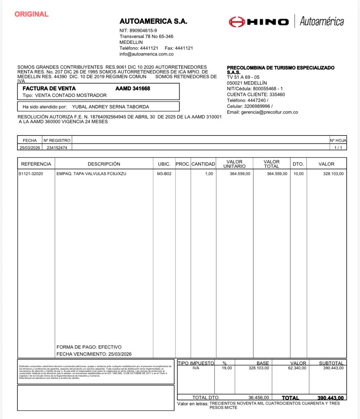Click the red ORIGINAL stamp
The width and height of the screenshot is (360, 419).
click(x=31, y=14)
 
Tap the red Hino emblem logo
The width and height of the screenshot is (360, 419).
click(x=237, y=22)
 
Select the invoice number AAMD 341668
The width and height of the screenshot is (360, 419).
click(x=133, y=88)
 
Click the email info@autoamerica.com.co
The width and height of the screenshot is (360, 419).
click(x=146, y=54)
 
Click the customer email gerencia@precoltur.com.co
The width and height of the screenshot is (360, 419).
click(x=269, y=112)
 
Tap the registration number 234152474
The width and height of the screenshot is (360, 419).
click(x=57, y=148)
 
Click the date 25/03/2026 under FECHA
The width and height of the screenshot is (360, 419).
click(x=30, y=148)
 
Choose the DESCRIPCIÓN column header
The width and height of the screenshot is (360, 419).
click(x=104, y=164)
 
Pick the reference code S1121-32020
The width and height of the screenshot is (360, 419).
click(x=31, y=174)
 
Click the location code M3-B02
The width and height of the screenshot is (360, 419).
click(x=164, y=174)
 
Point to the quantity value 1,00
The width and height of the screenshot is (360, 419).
click(x=209, y=174)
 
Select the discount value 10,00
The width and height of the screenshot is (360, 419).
click(x=298, y=174)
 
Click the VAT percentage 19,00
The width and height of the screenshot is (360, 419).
click(x=227, y=368)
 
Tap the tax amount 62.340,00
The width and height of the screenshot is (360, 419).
click(x=297, y=368)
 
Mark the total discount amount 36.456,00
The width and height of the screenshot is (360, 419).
click(x=259, y=397)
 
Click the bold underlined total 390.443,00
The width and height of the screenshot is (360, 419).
click(x=330, y=398)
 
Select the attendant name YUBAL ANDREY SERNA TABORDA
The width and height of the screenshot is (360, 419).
click(x=110, y=107)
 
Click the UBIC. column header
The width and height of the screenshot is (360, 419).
click(x=164, y=164)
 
